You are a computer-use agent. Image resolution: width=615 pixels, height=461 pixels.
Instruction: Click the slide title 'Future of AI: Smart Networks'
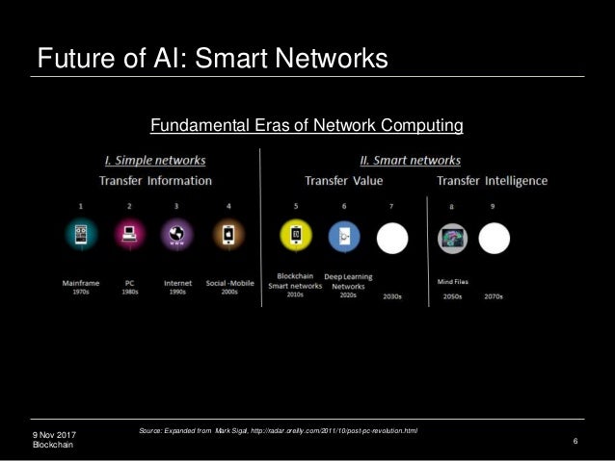[x=212, y=59]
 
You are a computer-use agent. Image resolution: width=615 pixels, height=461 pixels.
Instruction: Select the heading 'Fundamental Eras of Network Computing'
[x=307, y=125]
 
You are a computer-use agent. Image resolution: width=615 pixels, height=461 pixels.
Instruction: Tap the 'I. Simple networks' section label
[x=154, y=160]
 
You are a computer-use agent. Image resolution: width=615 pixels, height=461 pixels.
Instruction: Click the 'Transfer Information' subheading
[x=155, y=180]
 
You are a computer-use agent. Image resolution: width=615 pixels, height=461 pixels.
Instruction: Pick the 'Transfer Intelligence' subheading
[x=492, y=180]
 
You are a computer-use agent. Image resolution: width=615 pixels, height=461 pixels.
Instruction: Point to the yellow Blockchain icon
[x=295, y=236]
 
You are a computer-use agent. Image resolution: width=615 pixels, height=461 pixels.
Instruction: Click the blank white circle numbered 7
[x=391, y=237]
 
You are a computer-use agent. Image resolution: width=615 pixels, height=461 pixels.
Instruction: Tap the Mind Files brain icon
[x=451, y=238]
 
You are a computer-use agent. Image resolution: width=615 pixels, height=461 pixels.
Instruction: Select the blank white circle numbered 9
[x=494, y=238]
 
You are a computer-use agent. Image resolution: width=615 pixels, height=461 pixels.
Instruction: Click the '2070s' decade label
[x=495, y=295]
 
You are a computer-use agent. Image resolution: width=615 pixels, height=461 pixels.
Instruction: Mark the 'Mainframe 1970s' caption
[x=81, y=287]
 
